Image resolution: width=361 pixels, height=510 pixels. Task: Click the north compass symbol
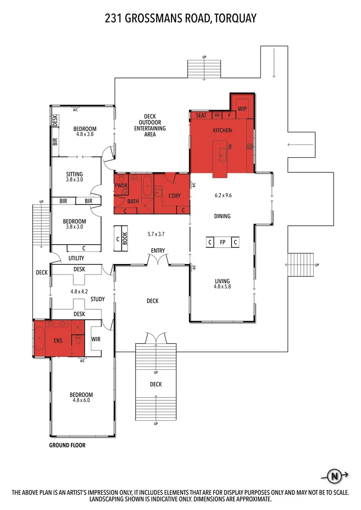point(335,476)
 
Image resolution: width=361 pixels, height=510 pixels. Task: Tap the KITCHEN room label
point(222,130)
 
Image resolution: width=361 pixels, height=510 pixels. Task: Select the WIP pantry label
point(242,109)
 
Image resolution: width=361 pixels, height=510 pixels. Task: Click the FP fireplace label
point(222,243)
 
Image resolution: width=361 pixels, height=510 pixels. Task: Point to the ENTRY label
point(158,250)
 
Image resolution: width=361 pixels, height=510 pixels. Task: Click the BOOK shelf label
point(125,235)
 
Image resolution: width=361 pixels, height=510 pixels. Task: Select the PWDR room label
point(121,186)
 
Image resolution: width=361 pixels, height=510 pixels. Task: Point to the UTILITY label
point(76,258)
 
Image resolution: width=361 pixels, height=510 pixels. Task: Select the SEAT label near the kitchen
point(201,115)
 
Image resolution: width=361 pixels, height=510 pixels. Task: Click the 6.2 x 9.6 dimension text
point(222,194)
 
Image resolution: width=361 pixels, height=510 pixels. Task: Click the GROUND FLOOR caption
point(68,445)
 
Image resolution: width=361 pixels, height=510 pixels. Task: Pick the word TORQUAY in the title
point(235,18)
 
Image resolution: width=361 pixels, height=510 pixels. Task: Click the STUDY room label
point(97,299)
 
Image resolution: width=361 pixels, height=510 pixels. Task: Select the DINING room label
point(222,216)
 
